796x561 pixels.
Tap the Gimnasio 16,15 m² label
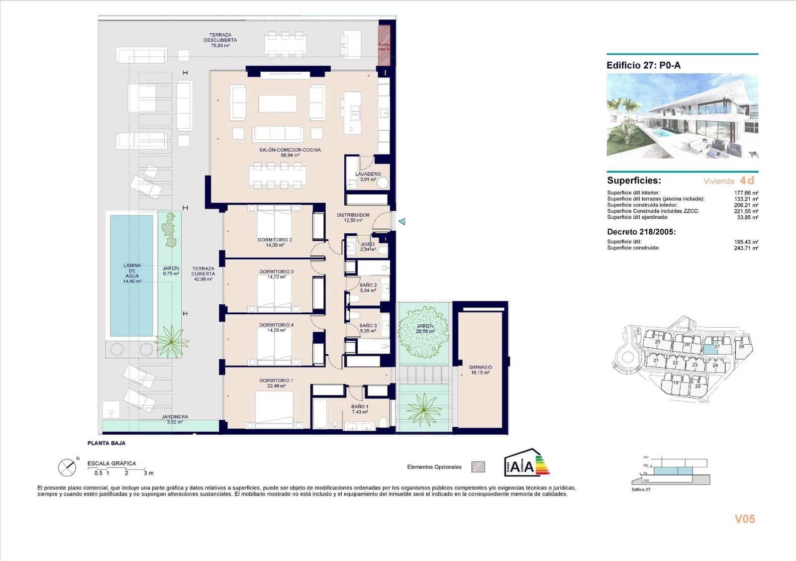click(480, 370)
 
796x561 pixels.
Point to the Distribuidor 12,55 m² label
click(353, 218)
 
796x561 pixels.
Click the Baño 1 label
click(359, 409)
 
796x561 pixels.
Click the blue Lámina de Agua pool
click(131, 275)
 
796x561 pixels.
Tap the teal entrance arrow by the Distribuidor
click(402, 222)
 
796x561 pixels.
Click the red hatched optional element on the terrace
click(384, 44)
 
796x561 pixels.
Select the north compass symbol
click(67, 467)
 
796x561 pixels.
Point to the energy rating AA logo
click(526, 463)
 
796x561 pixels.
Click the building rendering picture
click(682, 115)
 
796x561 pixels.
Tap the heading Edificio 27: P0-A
click(643, 65)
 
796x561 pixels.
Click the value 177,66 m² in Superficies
click(746, 193)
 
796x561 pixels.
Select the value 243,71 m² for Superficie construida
click(746, 248)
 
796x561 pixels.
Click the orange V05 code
click(744, 519)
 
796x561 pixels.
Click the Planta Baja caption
click(106, 443)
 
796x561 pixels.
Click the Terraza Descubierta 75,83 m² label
click(220, 40)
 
